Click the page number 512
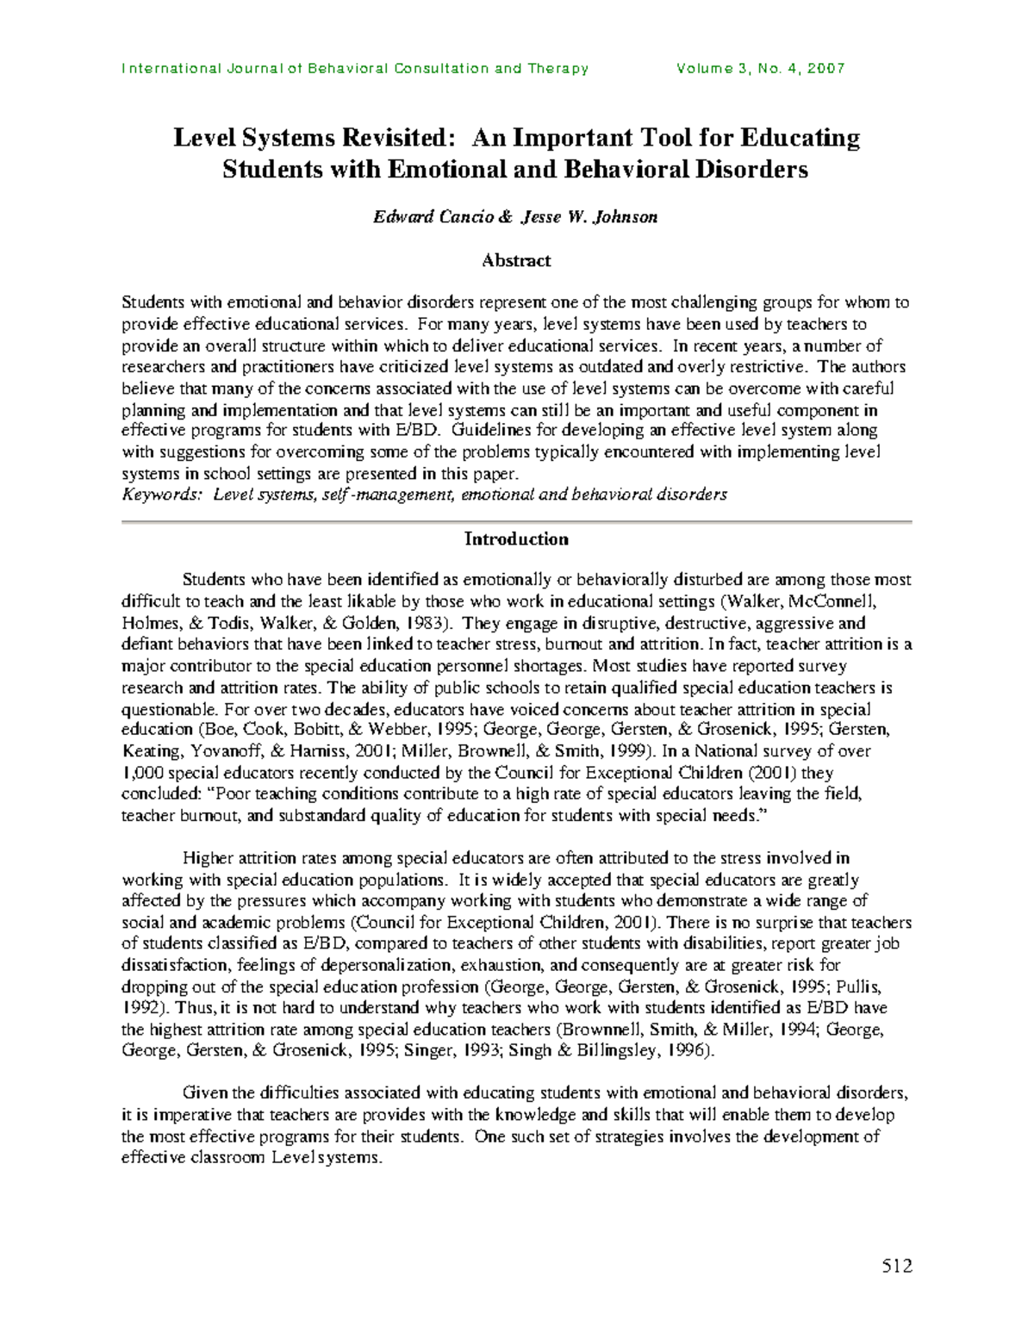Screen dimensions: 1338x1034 [896, 1266]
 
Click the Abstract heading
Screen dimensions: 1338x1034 [516, 260]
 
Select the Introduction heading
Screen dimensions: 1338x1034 [516, 539]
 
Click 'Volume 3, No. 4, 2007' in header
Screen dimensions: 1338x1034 [761, 69]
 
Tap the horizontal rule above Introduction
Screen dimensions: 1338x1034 [516, 522]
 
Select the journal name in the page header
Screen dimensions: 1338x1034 [355, 69]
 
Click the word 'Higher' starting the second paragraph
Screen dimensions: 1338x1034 [208, 858]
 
